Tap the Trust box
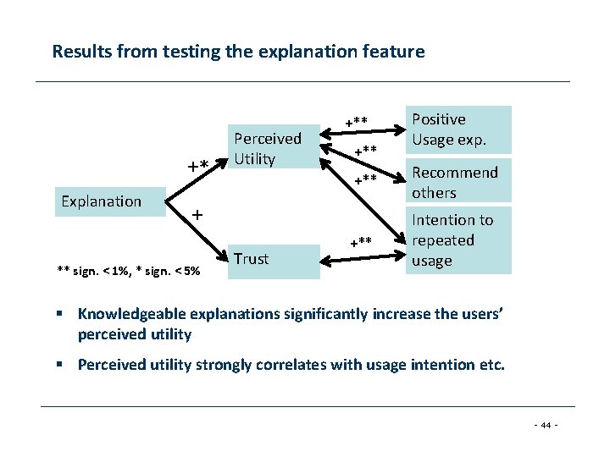[x=273, y=259]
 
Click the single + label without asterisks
[x=197, y=215]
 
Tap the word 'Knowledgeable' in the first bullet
[x=128, y=314]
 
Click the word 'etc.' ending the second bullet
[x=491, y=365]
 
